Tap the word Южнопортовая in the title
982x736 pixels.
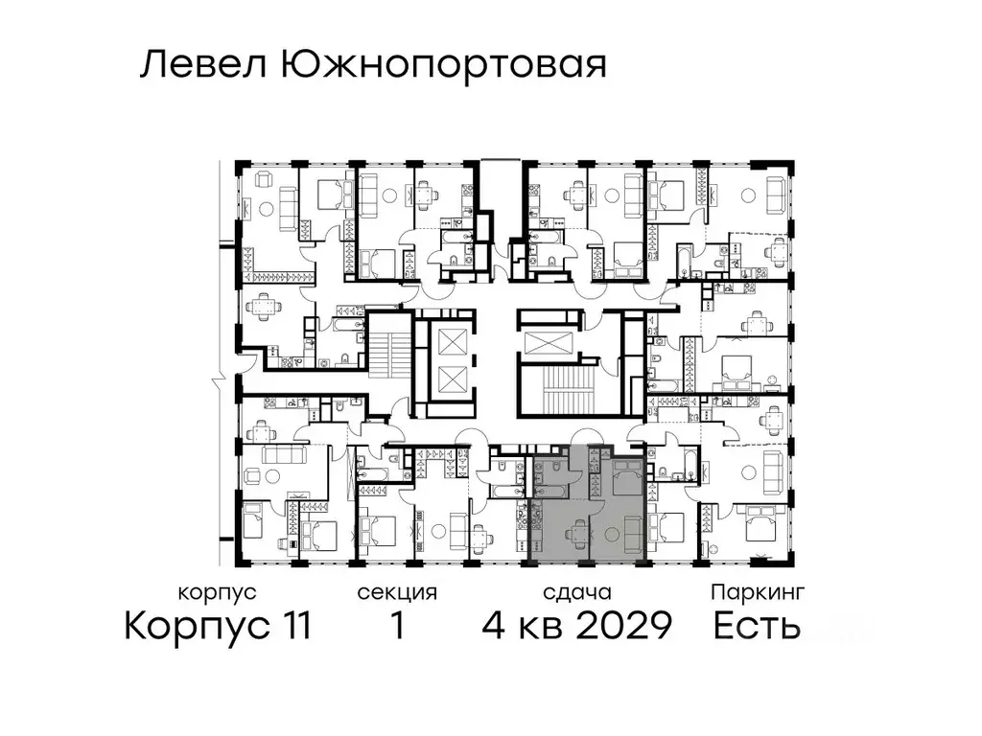pyautogui.click(x=443, y=65)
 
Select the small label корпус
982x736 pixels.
pyautogui.click(x=218, y=592)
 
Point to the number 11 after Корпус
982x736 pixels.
pyautogui.click(x=288, y=627)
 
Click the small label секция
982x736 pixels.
pyautogui.click(x=397, y=592)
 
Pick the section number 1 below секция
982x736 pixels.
pyautogui.click(x=396, y=627)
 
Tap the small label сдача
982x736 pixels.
pyautogui.click(x=575, y=592)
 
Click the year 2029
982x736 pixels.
pyautogui.click(x=622, y=627)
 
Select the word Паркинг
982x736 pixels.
pyautogui.click(x=757, y=592)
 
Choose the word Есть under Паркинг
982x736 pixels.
pyautogui.click(x=757, y=627)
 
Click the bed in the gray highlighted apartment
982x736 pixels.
pyautogui.click(x=627, y=476)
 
